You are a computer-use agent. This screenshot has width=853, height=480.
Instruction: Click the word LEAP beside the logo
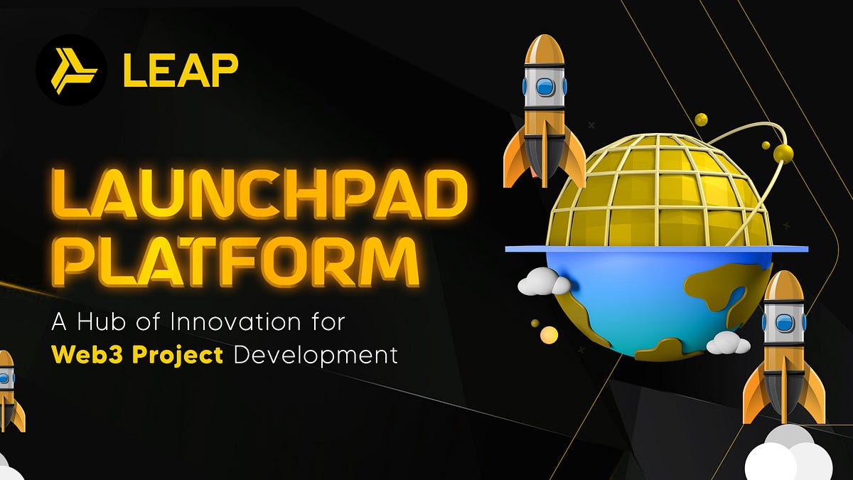(x=181, y=70)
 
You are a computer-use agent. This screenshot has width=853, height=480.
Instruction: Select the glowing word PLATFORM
(x=240, y=261)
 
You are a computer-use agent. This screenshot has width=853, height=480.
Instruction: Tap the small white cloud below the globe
(x=727, y=343)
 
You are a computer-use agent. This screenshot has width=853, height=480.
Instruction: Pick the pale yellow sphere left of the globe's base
(x=549, y=334)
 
